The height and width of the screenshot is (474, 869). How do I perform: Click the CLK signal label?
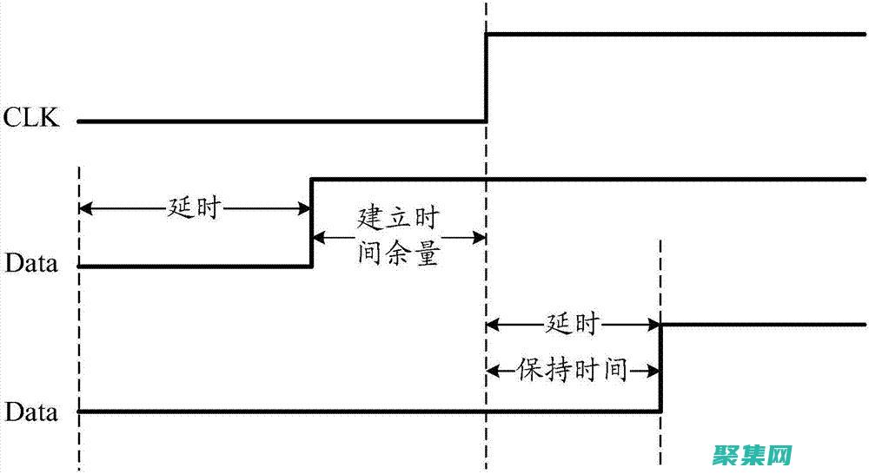coord(32,118)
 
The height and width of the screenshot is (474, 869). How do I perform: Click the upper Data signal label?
coord(32,263)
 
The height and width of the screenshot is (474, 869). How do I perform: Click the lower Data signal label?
coord(32,412)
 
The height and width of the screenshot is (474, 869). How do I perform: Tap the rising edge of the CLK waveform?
coord(486,78)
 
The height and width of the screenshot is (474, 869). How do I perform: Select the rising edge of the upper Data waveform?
coord(312,222)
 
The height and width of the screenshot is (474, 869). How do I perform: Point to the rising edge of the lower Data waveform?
coord(661,367)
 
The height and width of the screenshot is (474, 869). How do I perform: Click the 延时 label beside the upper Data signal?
coord(195,208)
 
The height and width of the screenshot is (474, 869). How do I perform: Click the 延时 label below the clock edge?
coord(573,325)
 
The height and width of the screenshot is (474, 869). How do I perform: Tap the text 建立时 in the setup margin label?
coord(398,218)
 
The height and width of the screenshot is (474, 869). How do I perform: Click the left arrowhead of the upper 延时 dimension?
coord(85,208)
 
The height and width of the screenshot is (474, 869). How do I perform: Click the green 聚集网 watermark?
coord(753,454)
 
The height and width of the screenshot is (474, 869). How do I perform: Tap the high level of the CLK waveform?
coord(678,35)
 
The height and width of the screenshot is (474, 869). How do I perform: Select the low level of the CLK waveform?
coord(278,122)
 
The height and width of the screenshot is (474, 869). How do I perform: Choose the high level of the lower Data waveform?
coord(765,325)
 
